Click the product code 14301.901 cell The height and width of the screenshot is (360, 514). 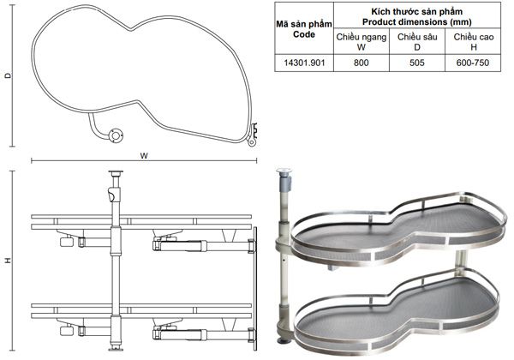pos(304,63)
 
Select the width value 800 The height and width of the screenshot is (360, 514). pos(361,63)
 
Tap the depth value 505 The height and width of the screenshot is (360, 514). pos(416,63)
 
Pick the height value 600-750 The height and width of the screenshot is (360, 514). pos(472,63)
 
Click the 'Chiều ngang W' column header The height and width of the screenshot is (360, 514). pos(362,42)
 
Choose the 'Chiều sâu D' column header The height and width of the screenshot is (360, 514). pos(417,42)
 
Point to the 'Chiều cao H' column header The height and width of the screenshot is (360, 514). pos(474,42)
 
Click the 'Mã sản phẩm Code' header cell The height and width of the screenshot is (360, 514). pos(304,29)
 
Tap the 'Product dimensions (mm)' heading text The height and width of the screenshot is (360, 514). pos(416,22)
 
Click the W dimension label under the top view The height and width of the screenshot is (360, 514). pos(144,156)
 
